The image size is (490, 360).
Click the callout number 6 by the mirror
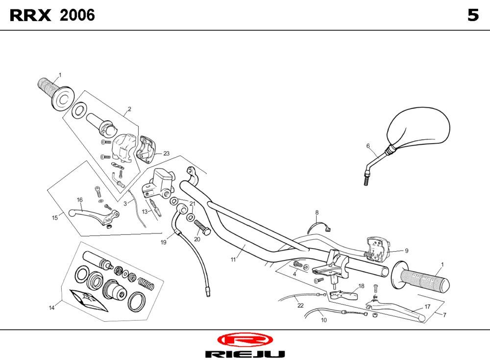pos(367,146)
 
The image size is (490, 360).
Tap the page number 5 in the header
pos(472,16)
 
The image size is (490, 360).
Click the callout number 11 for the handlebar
pos(233,259)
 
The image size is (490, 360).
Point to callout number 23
pos(166,154)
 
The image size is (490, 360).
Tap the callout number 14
pos(51,308)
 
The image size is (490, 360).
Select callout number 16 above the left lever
pos(79,200)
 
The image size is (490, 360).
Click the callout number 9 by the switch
pos(406,250)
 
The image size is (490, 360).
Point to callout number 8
pos(317,212)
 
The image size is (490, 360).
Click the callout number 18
pos(361,286)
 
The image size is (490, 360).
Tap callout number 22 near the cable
pos(300,305)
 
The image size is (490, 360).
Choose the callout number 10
pos(324,320)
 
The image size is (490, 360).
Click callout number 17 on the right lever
pos(427,307)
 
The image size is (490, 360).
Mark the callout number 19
pos(163,242)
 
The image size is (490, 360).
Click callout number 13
pos(145,211)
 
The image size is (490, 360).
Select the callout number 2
pos(129,109)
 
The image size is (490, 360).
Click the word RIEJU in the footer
pos(245,354)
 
